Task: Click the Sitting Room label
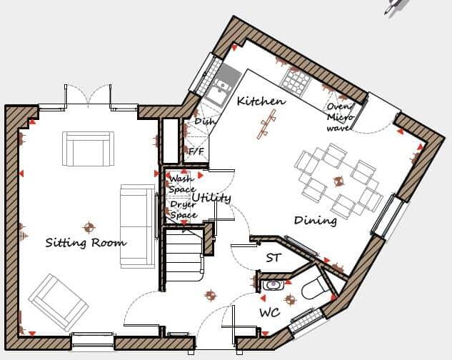coord(86,243)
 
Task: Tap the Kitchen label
coord(261,101)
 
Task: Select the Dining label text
coord(315,221)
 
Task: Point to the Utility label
coord(211,197)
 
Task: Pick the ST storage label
coord(273,258)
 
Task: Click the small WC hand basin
coord(273,285)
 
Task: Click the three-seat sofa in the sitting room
coord(137,226)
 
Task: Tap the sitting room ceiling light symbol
coord(89,227)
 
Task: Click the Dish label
coord(204,122)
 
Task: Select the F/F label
coord(194,151)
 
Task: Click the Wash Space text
coord(181,184)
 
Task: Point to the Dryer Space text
coord(183,209)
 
